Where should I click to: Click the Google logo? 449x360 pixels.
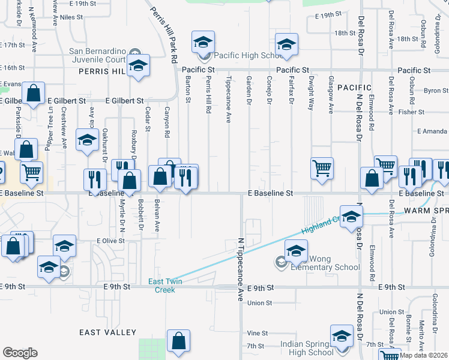pyautogui.click(x=20, y=353)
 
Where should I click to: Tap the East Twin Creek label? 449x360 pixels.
pyautogui.click(x=162, y=286)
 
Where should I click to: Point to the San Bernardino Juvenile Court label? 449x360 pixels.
pyautogui.click(x=98, y=55)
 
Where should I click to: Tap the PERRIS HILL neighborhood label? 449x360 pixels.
pyautogui.click(x=101, y=71)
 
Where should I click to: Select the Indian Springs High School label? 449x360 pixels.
pyautogui.click(x=307, y=349)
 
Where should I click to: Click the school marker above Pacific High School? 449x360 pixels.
pyautogui.click(x=203, y=42)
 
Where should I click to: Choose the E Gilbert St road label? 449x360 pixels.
pyautogui.click(x=125, y=101)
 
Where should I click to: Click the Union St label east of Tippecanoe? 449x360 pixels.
pyautogui.click(x=260, y=303)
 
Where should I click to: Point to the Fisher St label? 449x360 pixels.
pyautogui.click(x=411, y=112)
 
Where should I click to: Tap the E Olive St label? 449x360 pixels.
pyautogui.click(x=110, y=241)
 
